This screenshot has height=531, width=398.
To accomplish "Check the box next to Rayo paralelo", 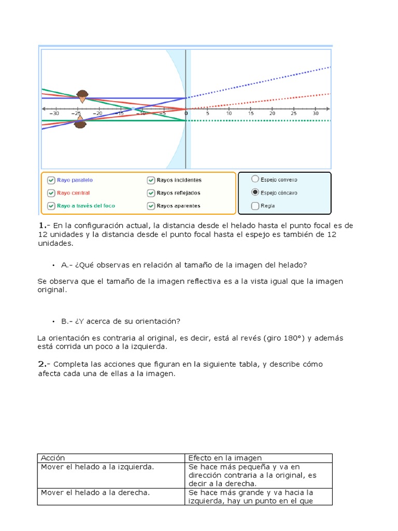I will point(51,180).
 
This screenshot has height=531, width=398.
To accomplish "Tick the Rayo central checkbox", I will point(51,193).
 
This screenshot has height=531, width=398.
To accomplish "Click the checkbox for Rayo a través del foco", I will point(51,206).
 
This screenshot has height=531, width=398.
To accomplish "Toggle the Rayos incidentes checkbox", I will point(151,180).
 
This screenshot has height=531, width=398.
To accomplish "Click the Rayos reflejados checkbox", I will point(151,193).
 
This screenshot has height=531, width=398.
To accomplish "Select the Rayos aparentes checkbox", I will point(151,206).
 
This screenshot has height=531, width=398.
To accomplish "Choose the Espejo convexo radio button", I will point(254,179).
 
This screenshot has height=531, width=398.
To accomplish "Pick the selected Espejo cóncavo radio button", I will point(254,192).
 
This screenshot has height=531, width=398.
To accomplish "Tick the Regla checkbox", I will point(254,206).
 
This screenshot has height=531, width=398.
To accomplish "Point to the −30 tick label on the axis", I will point(54,114).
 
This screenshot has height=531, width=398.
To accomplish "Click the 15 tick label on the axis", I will point(251,114).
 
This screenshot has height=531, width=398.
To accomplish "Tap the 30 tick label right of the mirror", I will point(316,114).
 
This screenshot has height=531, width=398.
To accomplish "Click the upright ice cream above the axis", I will point(82,95).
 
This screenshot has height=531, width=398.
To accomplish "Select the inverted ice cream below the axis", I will point(80,122).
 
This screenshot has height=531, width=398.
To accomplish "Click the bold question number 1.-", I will point(43,226).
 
